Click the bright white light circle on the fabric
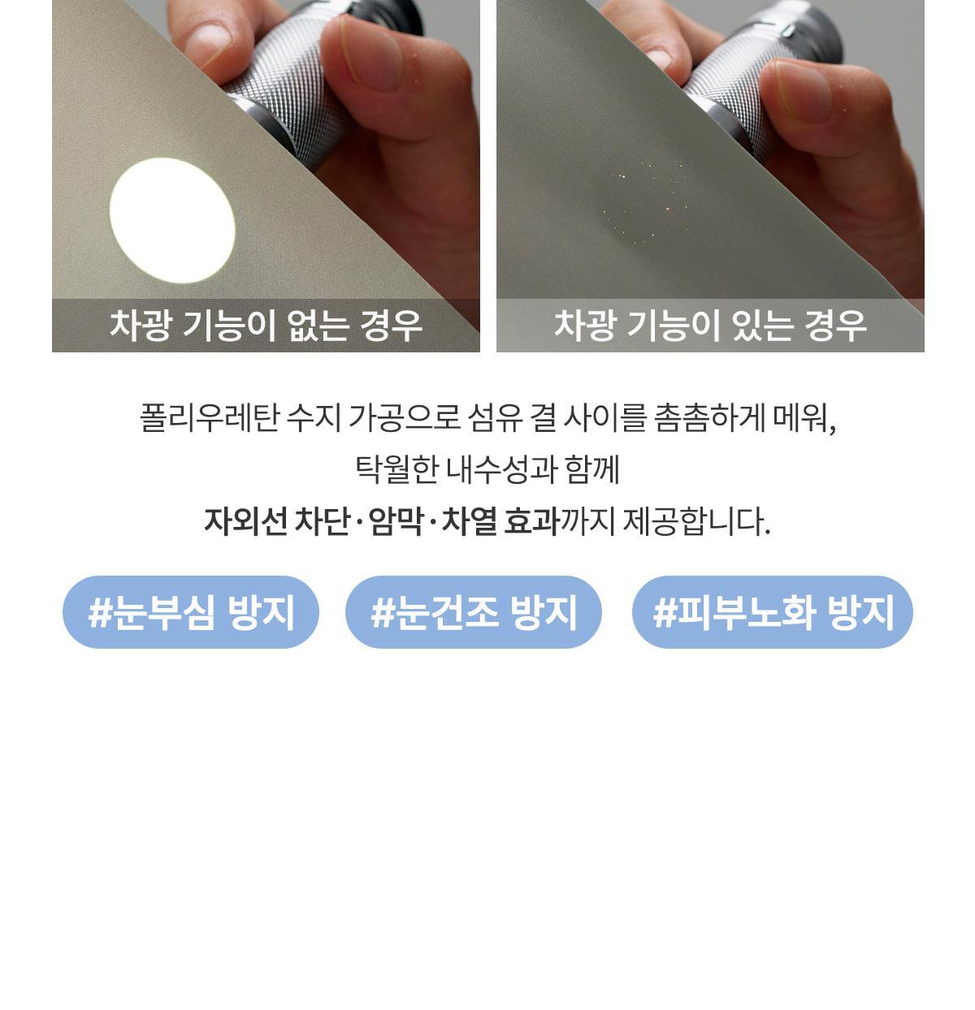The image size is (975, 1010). coord(172,221)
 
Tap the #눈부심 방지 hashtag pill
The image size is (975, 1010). coord(191,612)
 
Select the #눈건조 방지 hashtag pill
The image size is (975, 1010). coord(473,612)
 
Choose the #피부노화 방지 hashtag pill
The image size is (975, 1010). coord(773,612)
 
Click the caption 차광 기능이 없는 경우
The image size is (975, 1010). coord(266,326)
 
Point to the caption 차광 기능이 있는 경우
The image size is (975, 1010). coord(710,326)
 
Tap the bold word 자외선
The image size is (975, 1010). coord(245,521)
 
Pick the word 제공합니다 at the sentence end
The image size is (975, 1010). coord(696,521)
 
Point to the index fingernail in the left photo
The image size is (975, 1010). coord(209,44)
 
